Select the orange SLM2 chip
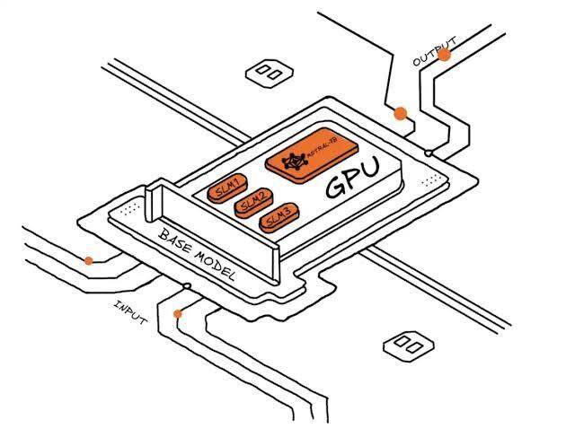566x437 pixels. click(252, 203)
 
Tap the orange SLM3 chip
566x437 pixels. click(276, 219)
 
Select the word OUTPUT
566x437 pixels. click(435, 51)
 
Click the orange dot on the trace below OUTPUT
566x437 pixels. click(401, 114)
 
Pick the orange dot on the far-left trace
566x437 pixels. click(88, 261)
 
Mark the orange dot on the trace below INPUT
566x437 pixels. click(179, 314)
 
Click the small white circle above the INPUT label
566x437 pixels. click(186, 286)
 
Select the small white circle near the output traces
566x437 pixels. click(429, 153)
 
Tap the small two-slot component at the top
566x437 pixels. click(267, 71)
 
